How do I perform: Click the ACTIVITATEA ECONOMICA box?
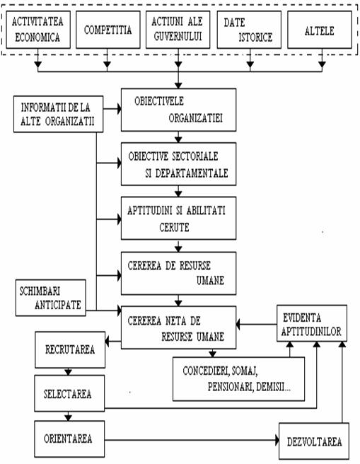pyautogui.click(x=38, y=30)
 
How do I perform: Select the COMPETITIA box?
pyautogui.click(x=108, y=30)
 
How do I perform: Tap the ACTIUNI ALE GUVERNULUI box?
pyautogui.click(x=178, y=30)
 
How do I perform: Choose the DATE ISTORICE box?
pyautogui.click(x=249, y=30)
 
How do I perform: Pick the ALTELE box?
pyautogui.click(x=320, y=30)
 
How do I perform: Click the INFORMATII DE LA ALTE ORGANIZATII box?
pyautogui.click(x=58, y=114)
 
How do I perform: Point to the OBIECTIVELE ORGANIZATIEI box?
pyautogui.click(x=178, y=110)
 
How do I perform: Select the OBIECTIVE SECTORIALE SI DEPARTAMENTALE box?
pyautogui.click(x=178, y=164)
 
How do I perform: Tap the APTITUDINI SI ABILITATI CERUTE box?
pyautogui.click(x=178, y=218)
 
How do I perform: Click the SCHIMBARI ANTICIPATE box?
pyautogui.click(x=51, y=298)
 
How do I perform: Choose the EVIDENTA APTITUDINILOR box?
pyautogui.click(x=312, y=323)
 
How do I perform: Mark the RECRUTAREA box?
pyautogui.click(x=70, y=350)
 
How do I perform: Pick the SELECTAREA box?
pyautogui.click(x=69, y=393)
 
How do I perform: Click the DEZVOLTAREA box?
pyautogui.click(x=314, y=441)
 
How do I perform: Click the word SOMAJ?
pyautogui.click(x=245, y=371)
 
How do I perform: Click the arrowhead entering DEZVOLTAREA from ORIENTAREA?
pyautogui.click(x=277, y=440)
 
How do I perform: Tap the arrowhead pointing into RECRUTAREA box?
pyautogui.click(x=108, y=342)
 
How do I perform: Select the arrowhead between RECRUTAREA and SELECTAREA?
pyautogui.click(x=69, y=371)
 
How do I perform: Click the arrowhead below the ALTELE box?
pyautogui.click(x=322, y=64)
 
